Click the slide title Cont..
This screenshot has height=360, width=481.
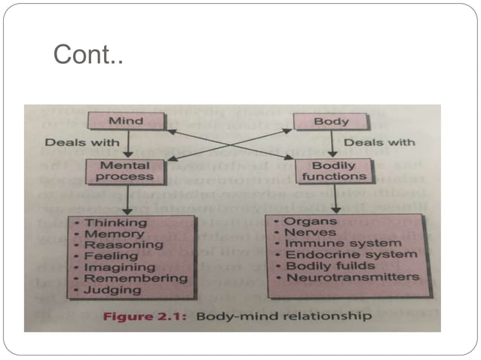[87, 55]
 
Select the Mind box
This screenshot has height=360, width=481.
[126, 121]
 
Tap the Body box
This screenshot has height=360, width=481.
[330, 121]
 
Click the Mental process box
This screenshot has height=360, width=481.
[126, 170]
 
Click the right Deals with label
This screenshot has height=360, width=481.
[379, 142]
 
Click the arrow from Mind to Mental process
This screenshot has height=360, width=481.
[127, 144]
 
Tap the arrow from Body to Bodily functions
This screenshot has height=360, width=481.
[331, 144]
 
